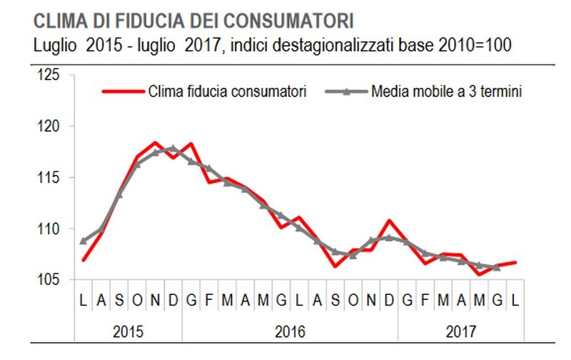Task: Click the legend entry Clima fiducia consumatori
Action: [x=227, y=91]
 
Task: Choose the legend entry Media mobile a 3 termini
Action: [x=447, y=91]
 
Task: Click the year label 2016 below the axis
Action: [x=290, y=332]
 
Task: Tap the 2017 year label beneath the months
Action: [x=461, y=332]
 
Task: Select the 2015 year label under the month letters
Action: [x=128, y=332]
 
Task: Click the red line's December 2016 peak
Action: [x=389, y=221]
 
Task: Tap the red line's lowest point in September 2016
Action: [x=335, y=266]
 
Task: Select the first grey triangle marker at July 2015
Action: [x=83, y=241]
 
